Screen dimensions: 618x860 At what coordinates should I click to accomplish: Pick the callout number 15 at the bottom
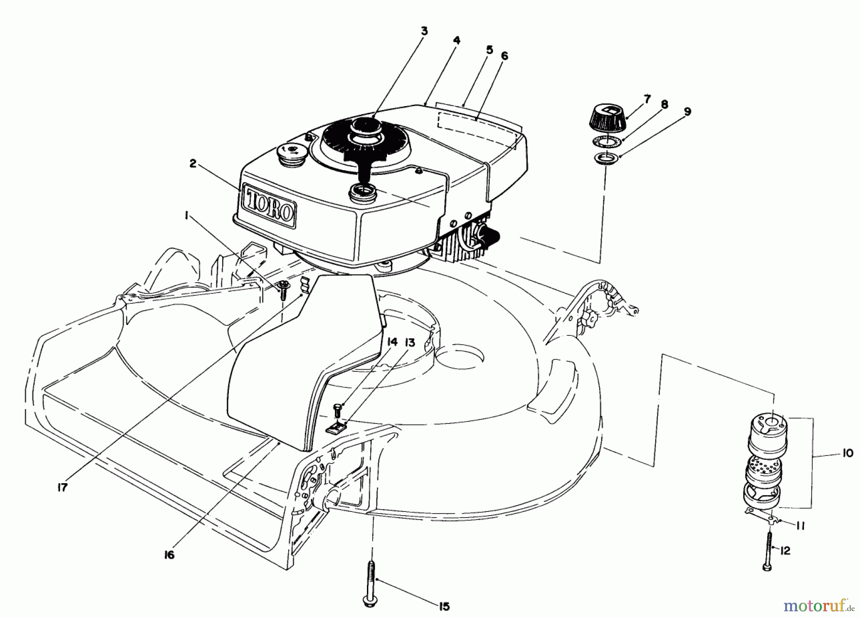[x=444, y=606]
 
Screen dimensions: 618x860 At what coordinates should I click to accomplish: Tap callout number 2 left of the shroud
[x=193, y=163]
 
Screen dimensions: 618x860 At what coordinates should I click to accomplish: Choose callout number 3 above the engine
[x=424, y=32]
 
